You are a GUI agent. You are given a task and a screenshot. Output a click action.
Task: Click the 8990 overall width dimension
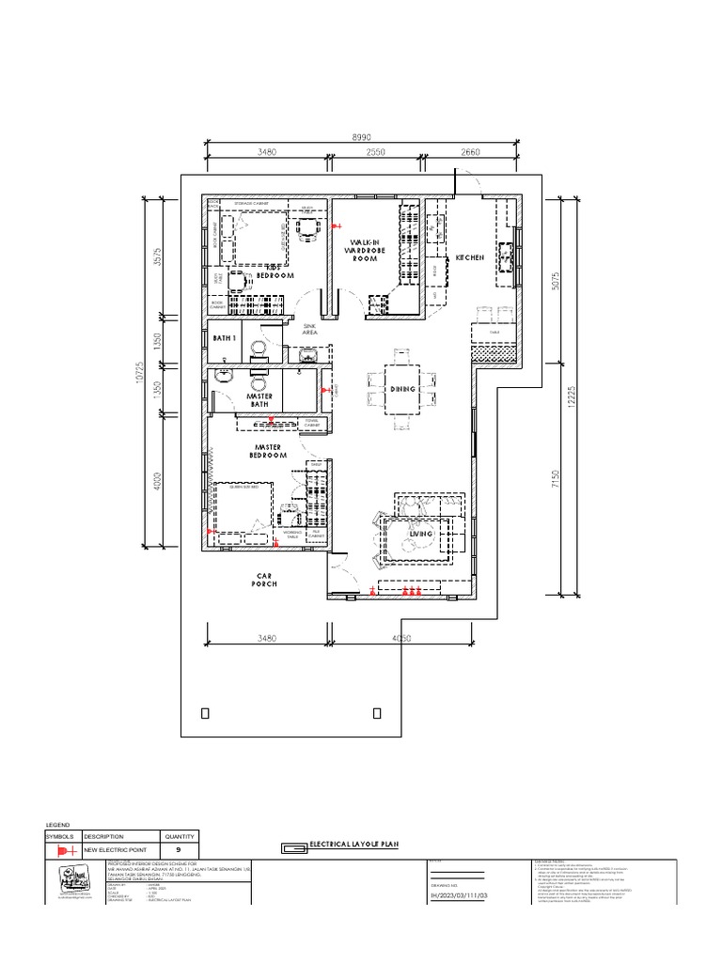361,137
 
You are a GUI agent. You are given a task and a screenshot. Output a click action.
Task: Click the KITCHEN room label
470,257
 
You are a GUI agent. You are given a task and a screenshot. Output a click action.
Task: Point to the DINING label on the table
402,388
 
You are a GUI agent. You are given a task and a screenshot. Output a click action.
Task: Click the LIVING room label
420,534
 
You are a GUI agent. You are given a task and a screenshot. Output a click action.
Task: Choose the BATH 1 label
223,337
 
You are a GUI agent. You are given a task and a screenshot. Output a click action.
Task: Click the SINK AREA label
309,328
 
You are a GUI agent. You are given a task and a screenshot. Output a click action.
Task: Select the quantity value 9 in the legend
178,849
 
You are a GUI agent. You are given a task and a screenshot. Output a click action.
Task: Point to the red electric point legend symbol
65,849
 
